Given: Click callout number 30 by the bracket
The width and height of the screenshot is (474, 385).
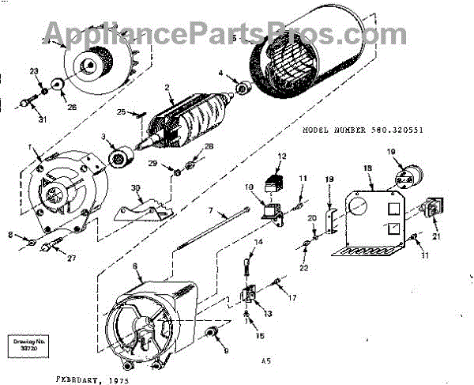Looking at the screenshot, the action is (x=135, y=187).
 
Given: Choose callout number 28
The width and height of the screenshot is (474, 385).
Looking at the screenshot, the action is (x=209, y=146).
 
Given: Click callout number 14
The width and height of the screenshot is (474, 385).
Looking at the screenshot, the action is (x=258, y=241).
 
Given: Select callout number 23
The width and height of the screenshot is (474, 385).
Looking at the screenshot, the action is (x=34, y=72).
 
